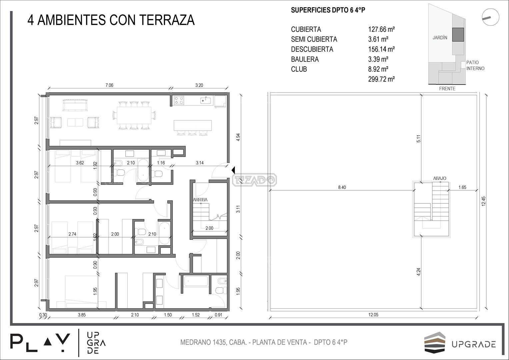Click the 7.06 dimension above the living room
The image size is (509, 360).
tap(109, 85)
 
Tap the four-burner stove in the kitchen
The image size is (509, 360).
tap(179, 100)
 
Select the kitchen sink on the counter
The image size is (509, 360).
tap(205, 100)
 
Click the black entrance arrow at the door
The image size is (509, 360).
tap(233, 170)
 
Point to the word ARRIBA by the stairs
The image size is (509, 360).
tap(200, 200)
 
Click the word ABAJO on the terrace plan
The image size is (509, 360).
tap(439, 178)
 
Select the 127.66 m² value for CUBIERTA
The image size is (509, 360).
tap(381, 29)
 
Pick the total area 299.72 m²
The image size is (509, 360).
tap(381, 79)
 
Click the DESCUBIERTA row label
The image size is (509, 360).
tap(312, 49)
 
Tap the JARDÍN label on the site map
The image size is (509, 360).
tap(440, 38)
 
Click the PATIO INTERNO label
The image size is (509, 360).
tap(475, 65)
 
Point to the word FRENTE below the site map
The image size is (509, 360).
tap(447, 89)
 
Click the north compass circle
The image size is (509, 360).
tap(491, 17)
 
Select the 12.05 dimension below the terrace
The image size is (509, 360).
tap(373, 315)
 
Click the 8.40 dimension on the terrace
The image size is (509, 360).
tap(342, 187)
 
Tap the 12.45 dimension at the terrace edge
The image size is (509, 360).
tap(483, 201)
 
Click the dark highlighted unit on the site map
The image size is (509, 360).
tap(458, 35)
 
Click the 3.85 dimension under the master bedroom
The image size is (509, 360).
tap(82, 315)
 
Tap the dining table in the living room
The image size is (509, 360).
tap(134, 115)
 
